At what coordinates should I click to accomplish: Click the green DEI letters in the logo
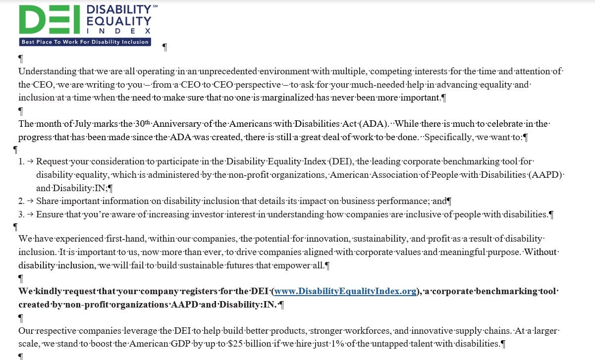tap(50, 20)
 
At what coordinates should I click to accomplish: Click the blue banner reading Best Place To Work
tap(85, 42)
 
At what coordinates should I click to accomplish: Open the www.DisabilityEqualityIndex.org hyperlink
tap(345, 291)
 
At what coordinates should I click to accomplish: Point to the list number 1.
tap(21, 161)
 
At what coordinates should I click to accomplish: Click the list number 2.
tap(21, 201)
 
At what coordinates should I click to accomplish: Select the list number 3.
tap(21, 214)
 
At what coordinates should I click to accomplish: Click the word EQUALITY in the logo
tap(118, 20)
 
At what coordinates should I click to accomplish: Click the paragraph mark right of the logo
tap(165, 47)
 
